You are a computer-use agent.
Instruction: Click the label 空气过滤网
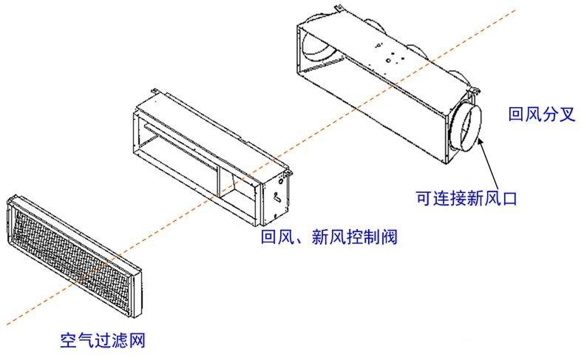101,341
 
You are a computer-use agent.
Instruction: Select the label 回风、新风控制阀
324,239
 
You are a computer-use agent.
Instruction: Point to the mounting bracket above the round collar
474,92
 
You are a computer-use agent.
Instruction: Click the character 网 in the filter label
134,341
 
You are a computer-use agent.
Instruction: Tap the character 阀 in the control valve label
378,239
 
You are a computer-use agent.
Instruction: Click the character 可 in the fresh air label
424,198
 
